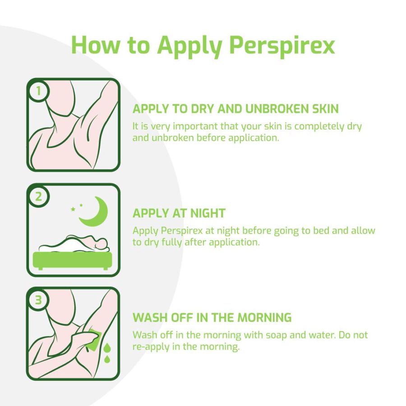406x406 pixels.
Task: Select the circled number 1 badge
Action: tap(38, 91)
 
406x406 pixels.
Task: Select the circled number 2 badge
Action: tap(38, 196)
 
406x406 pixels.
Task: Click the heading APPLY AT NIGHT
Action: tap(179, 213)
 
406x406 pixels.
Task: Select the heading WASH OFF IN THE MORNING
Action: tap(212, 318)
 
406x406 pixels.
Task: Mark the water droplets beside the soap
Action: tap(107, 353)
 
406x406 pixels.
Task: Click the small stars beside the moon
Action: tap(77, 208)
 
